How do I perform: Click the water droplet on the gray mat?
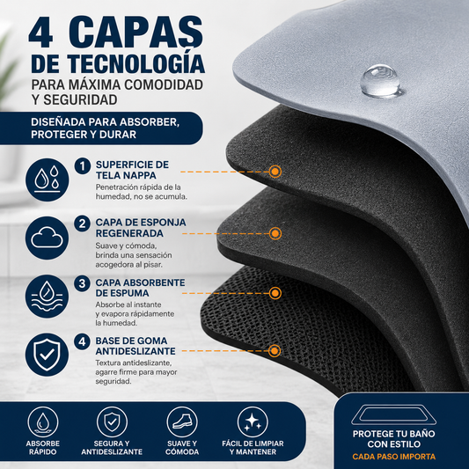pos(380,81)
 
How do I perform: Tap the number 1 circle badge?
pos(83,165)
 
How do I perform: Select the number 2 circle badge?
pos(82,224)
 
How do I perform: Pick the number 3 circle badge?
pos(82,283)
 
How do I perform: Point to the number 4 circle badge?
pos(82,341)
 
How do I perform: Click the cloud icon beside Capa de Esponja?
pos(47,238)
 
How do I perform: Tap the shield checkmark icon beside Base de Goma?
pos(47,355)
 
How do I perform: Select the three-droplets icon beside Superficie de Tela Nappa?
pos(47,180)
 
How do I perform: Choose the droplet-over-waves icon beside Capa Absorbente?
pos(47,297)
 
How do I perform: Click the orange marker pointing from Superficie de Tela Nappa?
pos(275,172)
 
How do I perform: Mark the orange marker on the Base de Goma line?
pos(275,350)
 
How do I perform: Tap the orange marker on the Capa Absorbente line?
pos(275,293)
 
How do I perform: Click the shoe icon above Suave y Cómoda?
pos(182,422)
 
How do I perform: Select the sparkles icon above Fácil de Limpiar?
pos(253,422)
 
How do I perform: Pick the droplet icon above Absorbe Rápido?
pos(43,422)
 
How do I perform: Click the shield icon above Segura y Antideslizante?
pos(112,422)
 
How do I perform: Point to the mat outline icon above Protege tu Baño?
pos(393,415)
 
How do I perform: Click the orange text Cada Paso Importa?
pos(393,457)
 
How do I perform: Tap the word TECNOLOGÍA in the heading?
pos(136,62)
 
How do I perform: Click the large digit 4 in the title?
pos(41,33)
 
